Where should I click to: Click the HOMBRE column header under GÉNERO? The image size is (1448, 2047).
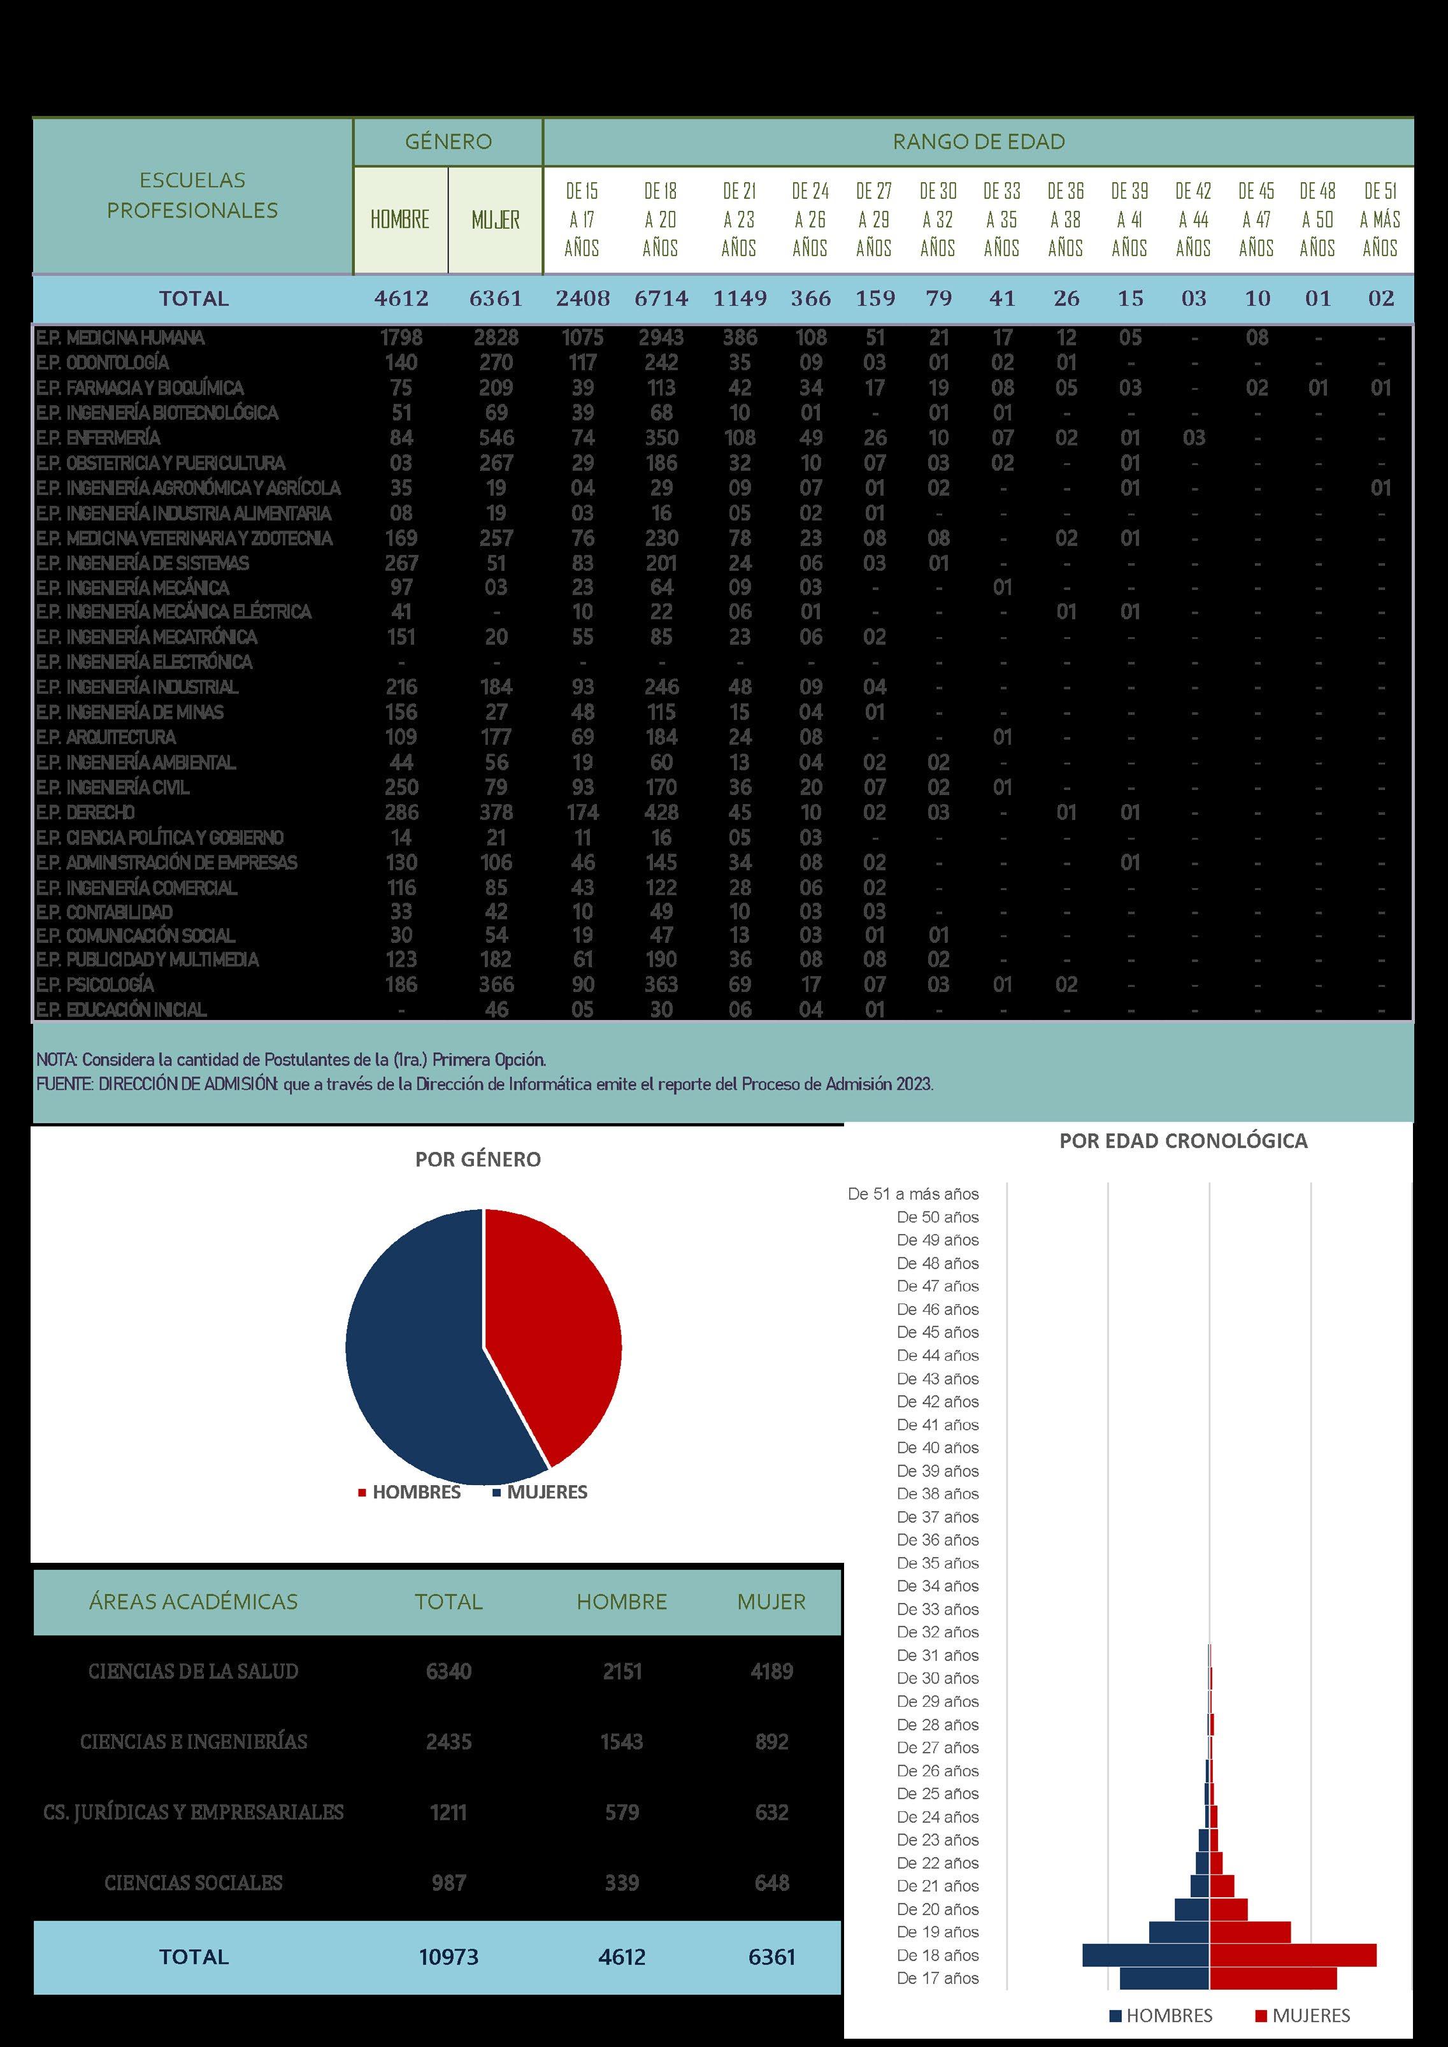click(400, 219)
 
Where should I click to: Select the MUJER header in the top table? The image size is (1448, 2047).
click(495, 219)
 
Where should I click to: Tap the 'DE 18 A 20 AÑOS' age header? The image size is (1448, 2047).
click(660, 219)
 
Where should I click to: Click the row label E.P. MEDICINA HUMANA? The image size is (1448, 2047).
click(120, 338)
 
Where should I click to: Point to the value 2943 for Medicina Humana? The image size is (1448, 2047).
click(661, 338)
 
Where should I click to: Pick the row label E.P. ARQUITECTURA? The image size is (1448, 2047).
click(106, 737)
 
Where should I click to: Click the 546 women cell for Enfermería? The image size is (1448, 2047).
click(496, 438)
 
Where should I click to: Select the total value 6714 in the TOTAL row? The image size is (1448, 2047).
click(661, 299)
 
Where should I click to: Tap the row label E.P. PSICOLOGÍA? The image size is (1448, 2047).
click(96, 984)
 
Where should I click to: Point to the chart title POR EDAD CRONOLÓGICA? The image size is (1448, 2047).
click(1182, 1141)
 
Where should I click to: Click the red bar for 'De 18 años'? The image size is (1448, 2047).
click(1293, 1955)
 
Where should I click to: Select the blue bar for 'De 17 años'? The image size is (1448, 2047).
click(1165, 1978)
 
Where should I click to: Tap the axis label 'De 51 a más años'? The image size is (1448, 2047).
click(913, 1194)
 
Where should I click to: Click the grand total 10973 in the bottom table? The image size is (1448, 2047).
click(448, 1957)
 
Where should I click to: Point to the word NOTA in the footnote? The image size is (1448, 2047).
click(55, 1060)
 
